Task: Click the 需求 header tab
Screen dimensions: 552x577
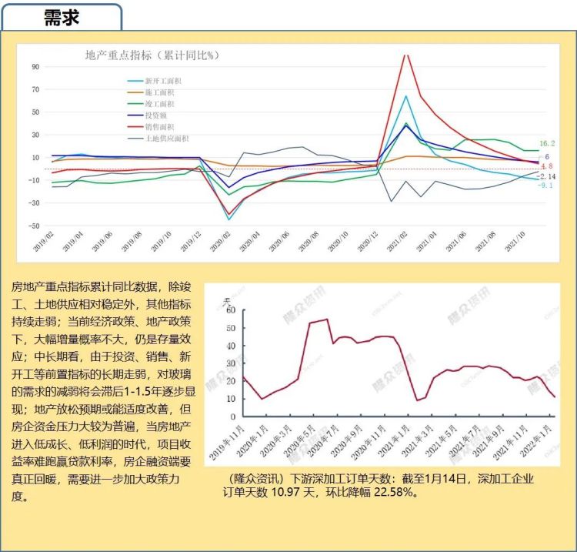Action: tap(62, 17)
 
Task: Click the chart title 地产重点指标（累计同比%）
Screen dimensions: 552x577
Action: tap(152, 55)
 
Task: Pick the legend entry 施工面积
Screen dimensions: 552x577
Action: tap(160, 92)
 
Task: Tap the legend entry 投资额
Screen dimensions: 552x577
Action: tap(156, 115)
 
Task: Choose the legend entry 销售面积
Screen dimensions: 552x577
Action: tap(160, 127)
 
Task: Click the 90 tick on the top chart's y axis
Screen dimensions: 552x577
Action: tap(35, 66)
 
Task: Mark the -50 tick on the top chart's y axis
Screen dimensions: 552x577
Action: tap(34, 226)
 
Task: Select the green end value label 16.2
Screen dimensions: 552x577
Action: tap(547, 143)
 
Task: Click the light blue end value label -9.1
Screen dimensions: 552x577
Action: tap(546, 186)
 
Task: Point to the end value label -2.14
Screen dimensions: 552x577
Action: tap(547, 176)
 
